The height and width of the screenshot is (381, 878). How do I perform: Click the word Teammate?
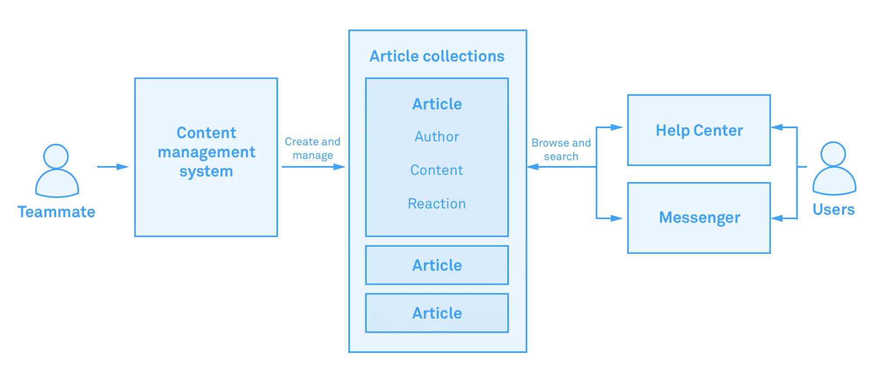pos(57,212)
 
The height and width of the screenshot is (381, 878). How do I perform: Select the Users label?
pos(834,209)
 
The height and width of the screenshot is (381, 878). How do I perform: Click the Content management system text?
pos(206,152)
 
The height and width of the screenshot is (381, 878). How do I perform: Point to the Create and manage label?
pos(313,148)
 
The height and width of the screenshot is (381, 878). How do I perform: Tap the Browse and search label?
pos(561,149)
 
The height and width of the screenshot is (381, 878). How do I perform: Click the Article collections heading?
pos(437,56)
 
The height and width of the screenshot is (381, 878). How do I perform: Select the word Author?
pos(437,137)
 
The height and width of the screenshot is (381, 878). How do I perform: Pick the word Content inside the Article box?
pos(437,170)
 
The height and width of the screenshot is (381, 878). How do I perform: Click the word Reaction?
pos(437,203)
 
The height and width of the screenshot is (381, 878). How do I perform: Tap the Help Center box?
pos(699,130)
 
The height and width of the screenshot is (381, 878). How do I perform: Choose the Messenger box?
pos(699,218)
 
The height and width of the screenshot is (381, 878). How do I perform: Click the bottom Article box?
pos(437,313)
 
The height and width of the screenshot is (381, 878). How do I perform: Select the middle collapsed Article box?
pos(437,265)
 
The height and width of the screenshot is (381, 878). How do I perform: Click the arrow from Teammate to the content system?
pos(113,167)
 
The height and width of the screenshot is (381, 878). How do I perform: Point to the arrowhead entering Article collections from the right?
pos(533,167)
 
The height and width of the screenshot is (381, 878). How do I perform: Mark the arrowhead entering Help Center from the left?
pos(617,128)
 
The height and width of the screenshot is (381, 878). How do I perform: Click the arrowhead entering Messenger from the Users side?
pos(777,218)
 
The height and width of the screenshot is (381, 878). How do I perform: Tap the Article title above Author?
pos(437,104)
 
